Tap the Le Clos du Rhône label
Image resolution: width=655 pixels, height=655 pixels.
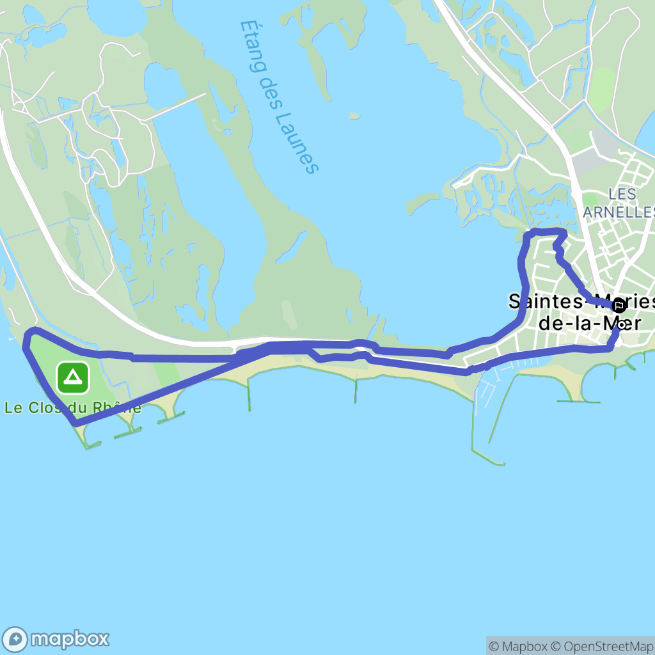click(x=72, y=407)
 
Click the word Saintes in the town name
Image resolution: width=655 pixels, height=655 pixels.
click(x=543, y=301)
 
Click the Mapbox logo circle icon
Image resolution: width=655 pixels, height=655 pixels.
click(x=15, y=639)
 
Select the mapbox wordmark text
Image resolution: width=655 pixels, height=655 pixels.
click(x=70, y=639)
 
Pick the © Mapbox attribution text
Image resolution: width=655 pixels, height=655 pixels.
click(x=516, y=646)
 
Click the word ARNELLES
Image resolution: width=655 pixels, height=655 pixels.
click(x=619, y=211)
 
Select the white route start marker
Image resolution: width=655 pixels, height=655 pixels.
click(x=620, y=324)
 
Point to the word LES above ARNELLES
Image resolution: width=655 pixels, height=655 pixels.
click(x=622, y=193)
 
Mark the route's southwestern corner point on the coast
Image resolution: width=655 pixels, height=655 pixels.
click(x=75, y=423)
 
